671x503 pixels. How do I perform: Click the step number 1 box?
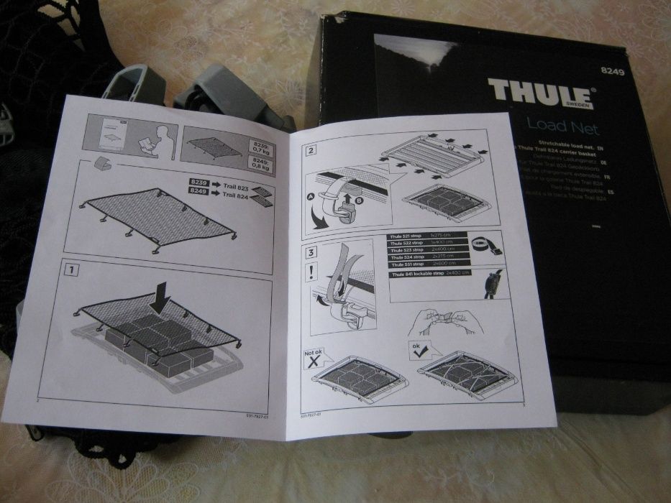click(x=70, y=271)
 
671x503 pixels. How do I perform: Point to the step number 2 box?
click(x=310, y=151)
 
